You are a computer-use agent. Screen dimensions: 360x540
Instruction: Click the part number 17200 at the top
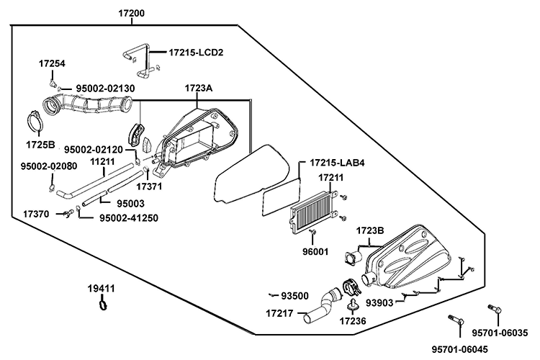132,14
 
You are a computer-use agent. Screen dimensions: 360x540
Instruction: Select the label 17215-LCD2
196,53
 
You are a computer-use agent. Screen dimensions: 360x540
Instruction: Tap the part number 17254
52,63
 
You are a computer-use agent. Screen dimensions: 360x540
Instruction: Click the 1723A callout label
198,88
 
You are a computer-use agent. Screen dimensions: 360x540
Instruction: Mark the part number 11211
103,162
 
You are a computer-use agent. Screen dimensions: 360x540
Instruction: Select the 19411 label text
102,288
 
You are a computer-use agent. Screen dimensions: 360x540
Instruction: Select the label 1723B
371,230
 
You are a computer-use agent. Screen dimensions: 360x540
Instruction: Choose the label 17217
279,313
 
